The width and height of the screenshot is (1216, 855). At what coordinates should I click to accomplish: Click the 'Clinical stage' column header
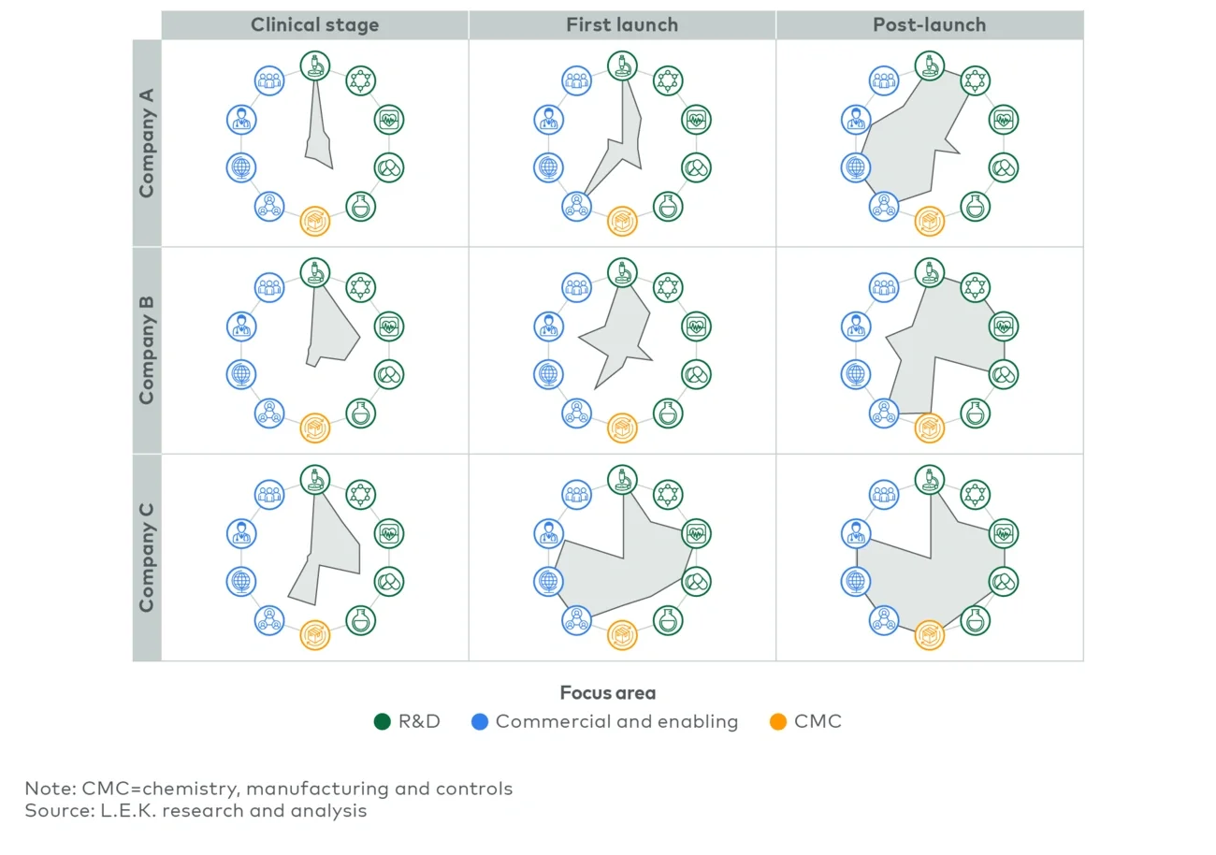coord(314,25)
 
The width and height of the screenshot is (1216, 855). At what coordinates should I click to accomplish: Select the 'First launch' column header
coord(622,25)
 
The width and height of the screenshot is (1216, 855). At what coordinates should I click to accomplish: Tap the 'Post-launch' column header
coord(929,25)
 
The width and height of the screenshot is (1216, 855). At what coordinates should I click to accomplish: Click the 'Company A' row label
coord(147,142)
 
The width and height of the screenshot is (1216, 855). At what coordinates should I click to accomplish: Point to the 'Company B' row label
coord(147,350)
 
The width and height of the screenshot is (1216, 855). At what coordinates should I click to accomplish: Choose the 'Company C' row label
coord(147,558)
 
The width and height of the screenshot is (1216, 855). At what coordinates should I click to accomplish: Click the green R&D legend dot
coord(382,722)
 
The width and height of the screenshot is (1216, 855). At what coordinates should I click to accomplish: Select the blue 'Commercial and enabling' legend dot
coord(480,722)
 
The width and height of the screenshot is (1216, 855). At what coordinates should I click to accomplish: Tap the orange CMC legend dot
coord(777,722)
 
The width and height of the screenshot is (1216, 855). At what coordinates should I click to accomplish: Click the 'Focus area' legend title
coord(607,693)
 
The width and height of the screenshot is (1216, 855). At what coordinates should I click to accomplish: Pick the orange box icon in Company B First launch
coord(622,427)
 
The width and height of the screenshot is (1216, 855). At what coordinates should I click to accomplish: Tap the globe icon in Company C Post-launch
coord(855,581)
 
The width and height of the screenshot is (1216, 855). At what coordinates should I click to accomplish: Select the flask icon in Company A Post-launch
coord(976,206)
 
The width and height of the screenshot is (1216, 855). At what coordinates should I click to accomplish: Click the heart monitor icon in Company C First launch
coord(696,534)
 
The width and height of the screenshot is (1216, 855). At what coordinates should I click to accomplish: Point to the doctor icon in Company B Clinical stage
coord(241,326)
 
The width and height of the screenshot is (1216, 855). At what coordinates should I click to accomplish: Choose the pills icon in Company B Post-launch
coord(1003,374)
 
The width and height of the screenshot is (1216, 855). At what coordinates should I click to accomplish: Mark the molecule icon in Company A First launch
coord(667,80)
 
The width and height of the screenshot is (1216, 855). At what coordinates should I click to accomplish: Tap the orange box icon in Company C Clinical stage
coord(315,635)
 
